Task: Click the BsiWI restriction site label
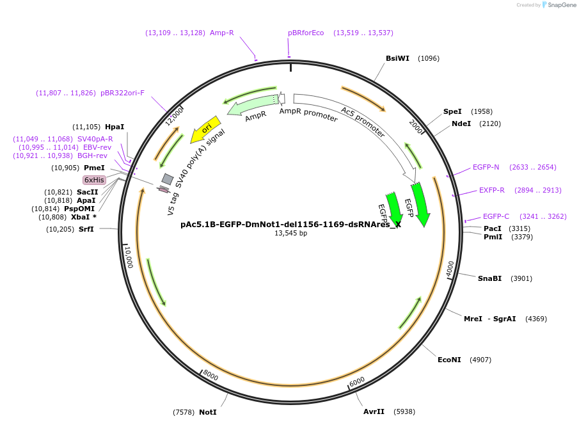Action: [x=397, y=58]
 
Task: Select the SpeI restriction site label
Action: [x=452, y=111]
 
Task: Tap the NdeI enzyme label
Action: [x=461, y=124]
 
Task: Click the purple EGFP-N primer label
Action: [x=486, y=167]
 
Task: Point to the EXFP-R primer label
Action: [x=492, y=190]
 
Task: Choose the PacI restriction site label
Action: [x=492, y=228]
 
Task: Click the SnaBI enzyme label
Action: [x=489, y=278]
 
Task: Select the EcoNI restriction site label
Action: [x=449, y=360]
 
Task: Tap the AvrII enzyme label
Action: [x=374, y=411]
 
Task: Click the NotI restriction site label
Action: [x=207, y=412]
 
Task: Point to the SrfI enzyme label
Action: [x=86, y=229]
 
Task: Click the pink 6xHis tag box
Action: [x=94, y=180]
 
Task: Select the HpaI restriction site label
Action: [x=115, y=127]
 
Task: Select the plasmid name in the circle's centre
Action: [x=290, y=225]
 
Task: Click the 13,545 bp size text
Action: [x=290, y=234]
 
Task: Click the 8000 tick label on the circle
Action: [x=210, y=376]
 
